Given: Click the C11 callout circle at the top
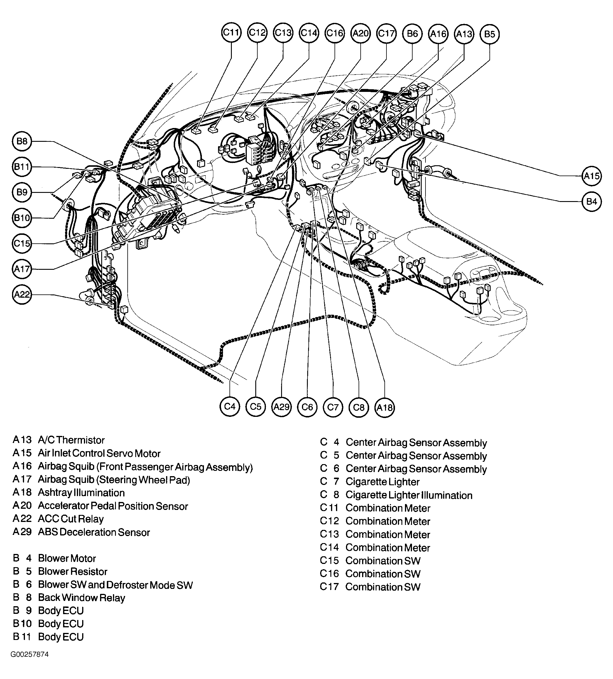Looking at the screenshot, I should point(231,33).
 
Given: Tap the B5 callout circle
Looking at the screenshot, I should point(489,34).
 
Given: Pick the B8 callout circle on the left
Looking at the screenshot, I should point(22,141).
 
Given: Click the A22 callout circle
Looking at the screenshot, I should point(22,295).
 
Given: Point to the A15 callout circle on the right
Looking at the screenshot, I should point(592,176).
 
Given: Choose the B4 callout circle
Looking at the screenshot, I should point(592,202).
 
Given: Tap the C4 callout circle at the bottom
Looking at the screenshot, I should point(230,407).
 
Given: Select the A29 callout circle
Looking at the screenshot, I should point(281,407).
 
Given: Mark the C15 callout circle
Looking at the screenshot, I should point(22,243).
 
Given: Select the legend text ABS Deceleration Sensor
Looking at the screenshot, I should point(94,533).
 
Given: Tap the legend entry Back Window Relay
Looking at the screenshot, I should point(82,598).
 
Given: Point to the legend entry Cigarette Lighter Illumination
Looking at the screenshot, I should point(409,496).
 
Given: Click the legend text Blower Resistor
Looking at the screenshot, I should point(72,572).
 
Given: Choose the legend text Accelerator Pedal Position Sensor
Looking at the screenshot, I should point(113,506).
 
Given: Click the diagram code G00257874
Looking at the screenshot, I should point(30,664).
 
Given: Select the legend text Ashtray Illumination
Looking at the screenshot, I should point(81,493).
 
